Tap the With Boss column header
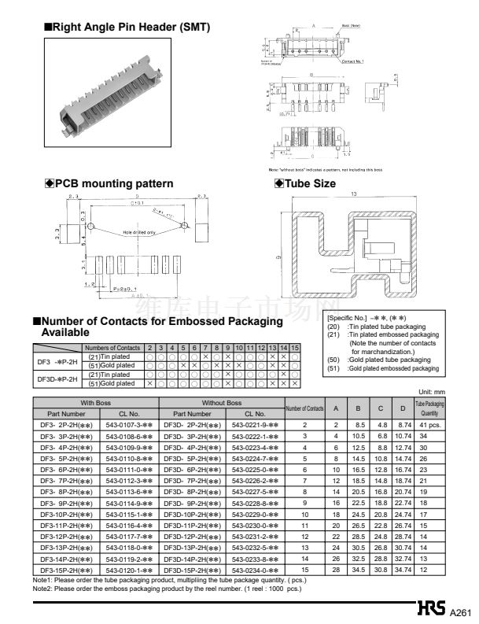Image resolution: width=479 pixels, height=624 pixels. tap(95, 402)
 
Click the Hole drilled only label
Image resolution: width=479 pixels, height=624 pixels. tap(139, 232)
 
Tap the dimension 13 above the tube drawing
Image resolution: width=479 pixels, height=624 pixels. tap(354, 194)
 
